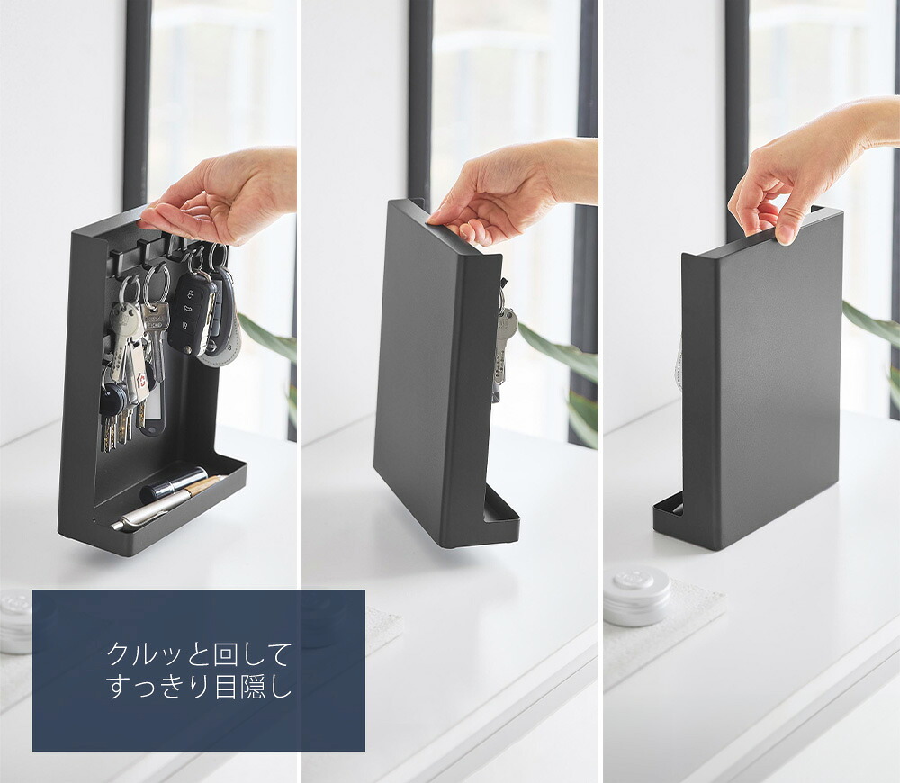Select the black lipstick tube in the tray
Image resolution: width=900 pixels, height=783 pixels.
point(171,484)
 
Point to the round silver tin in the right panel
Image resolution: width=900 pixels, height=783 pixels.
point(637,595)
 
